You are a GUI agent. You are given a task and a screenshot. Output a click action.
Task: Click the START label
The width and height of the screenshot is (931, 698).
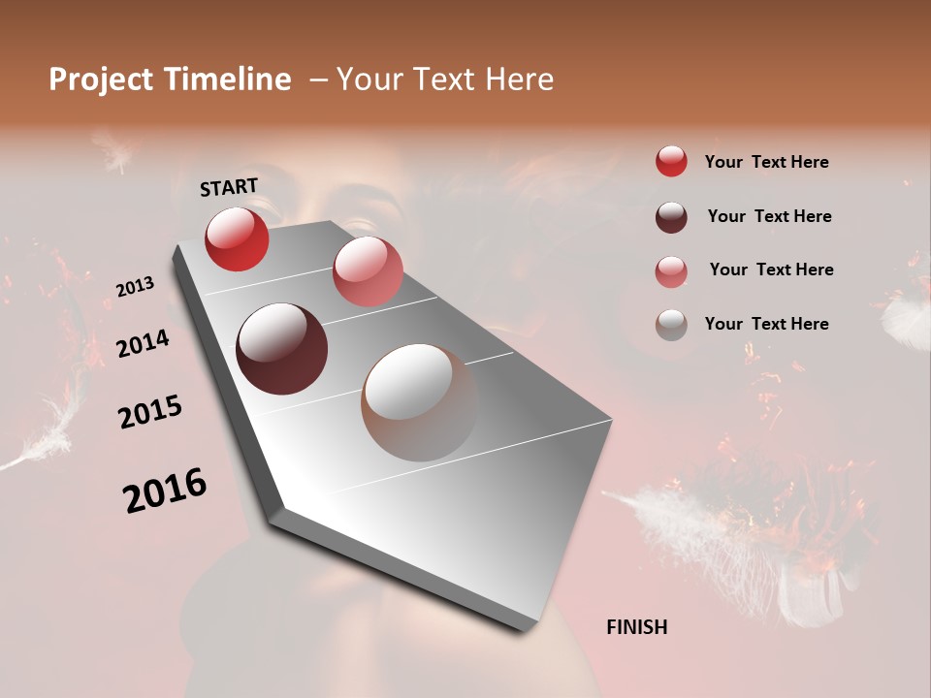(229, 187)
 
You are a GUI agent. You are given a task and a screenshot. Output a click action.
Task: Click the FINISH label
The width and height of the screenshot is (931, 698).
(636, 627)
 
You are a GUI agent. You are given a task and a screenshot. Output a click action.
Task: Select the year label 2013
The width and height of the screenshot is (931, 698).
(135, 287)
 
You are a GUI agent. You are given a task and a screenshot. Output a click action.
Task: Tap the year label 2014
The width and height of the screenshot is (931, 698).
(144, 343)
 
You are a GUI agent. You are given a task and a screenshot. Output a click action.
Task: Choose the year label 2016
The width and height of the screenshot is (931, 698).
(165, 491)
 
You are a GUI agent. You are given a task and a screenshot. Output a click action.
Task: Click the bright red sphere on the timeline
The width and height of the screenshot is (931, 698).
(237, 238)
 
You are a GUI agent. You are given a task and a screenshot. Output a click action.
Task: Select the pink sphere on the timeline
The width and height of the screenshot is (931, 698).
(368, 271)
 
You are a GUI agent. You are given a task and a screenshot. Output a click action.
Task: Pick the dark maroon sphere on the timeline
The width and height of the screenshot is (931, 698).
(281, 349)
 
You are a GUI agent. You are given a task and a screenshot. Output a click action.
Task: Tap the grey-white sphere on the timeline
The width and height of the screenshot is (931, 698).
(420, 402)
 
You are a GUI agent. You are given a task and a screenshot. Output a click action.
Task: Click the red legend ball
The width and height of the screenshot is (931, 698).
(671, 161)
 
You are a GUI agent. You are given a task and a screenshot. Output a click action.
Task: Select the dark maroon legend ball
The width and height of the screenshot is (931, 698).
(671, 216)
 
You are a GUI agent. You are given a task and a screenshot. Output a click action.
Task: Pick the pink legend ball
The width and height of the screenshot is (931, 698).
(671, 270)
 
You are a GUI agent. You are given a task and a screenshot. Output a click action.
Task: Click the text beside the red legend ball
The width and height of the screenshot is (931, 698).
(766, 162)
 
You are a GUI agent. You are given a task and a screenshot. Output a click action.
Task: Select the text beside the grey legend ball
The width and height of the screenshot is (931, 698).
(766, 324)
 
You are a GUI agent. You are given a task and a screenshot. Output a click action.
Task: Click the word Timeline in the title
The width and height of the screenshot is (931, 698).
(227, 79)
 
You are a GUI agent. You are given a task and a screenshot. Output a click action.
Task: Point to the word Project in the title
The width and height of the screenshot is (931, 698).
(102, 79)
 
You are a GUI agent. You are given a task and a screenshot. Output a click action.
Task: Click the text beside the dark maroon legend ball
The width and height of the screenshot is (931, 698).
(769, 216)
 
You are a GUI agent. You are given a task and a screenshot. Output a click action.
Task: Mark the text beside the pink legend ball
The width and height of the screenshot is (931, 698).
(771, 270)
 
